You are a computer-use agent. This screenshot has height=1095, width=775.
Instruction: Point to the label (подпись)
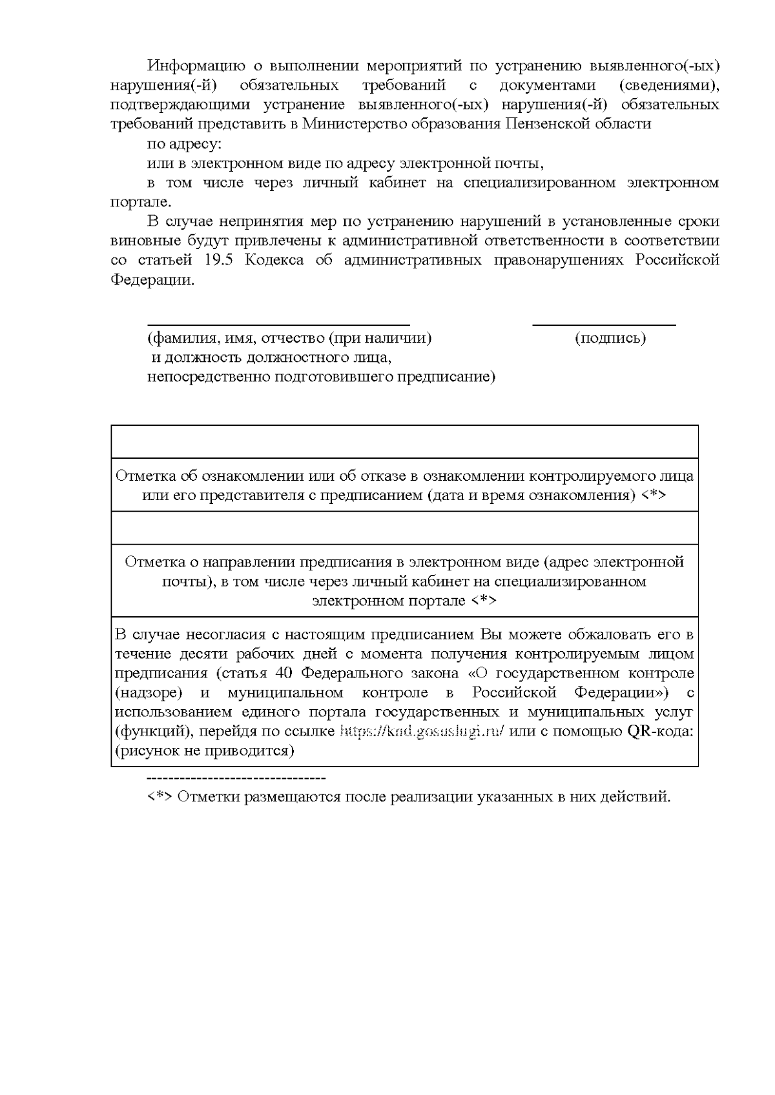[610, 338]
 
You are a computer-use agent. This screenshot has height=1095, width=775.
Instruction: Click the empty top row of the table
[404, 441]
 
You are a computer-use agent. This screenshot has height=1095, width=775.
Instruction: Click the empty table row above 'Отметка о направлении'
[404, 528]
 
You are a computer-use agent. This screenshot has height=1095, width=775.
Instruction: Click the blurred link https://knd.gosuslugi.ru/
[421, 732]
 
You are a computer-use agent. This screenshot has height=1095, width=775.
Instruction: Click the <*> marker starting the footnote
[160, 797]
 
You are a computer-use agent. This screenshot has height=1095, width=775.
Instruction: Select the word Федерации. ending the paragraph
[152, 281]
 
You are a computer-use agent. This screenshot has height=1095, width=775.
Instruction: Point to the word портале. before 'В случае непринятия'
[141, 202]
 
